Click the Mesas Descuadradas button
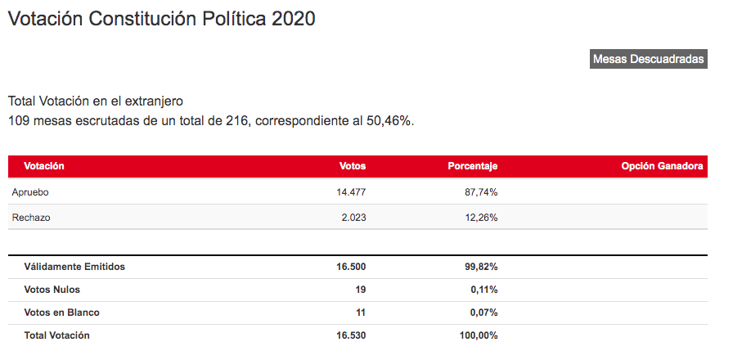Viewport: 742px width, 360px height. click(x=648, y=59)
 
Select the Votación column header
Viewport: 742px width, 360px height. click(x=44, y=166)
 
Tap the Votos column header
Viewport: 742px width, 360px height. click(x=353, y=166)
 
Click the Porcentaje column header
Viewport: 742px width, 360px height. click(x=472, y=166)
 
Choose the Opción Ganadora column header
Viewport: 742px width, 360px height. click(x=662, y=166)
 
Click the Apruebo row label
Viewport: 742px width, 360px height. click(x=31, y=191)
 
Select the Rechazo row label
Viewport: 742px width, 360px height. click(x=30, y=217)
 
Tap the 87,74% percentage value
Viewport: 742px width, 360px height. click(x=481, y=191)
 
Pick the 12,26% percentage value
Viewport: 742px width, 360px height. click(x=481, y=217)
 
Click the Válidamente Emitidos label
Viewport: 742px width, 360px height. click(x=74, y=267)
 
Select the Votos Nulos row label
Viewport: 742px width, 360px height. click(x=52, y=290)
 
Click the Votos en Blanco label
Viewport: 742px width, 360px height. click(x=61, y=313)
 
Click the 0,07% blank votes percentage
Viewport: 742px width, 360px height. click(x=483, y=313)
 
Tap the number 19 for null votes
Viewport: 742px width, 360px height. click(x=360, y=290)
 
